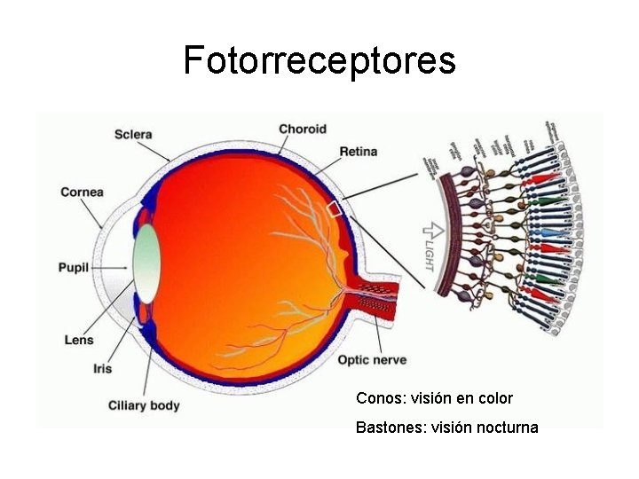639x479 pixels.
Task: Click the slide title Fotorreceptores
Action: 319,60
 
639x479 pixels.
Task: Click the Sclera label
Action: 133,135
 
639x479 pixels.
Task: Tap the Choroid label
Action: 303,130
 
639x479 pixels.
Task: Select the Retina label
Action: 358,152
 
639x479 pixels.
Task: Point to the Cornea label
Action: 82,192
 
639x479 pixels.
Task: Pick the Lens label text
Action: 79,340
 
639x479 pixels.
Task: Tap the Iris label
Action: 102,368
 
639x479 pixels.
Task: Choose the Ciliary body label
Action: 144,405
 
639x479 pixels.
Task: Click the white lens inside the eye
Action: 147,263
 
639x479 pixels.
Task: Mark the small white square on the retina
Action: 334,209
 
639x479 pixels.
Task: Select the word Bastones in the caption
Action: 389,428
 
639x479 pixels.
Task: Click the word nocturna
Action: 507,428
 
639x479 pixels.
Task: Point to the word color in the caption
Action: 495,399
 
